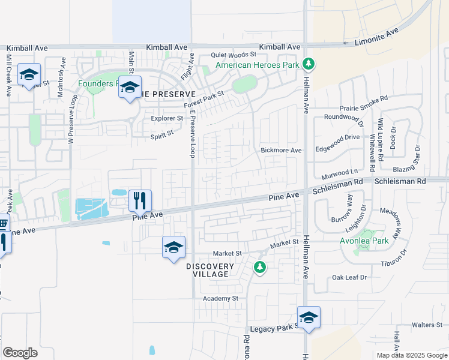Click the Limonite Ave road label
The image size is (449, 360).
376,37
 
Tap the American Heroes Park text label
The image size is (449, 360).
257,64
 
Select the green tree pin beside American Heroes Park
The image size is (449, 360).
309,62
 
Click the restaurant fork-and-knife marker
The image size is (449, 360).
140,200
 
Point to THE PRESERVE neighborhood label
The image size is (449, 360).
168,94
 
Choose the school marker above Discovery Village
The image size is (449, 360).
173,247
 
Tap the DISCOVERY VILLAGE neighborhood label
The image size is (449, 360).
209,270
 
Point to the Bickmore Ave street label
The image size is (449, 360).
281,151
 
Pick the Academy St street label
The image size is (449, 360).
220,298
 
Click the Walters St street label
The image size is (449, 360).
427,325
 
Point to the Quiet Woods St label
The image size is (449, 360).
233,55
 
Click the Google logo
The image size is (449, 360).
20,353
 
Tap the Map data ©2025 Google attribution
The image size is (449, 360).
411,355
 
